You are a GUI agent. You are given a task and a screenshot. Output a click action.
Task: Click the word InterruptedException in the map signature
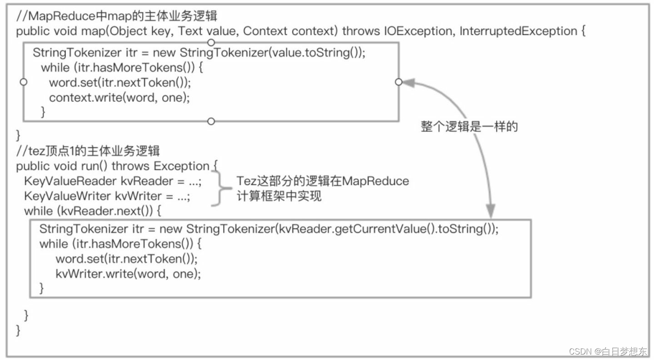click(518, 31)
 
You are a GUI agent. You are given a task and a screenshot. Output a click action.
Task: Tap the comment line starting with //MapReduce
click(117, 16)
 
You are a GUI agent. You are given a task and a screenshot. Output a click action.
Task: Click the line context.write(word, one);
click(119, 97)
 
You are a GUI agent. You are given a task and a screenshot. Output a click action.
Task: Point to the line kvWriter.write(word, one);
click(128, 274)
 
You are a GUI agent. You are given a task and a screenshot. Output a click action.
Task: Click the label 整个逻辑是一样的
click(469, 127)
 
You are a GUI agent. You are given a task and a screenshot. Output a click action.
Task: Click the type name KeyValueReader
click(70, 181)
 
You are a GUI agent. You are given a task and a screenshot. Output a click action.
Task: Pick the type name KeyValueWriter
click(68, 196)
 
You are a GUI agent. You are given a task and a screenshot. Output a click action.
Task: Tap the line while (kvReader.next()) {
click(93, 211)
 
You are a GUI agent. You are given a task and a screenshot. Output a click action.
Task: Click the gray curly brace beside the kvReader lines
click(220, 189)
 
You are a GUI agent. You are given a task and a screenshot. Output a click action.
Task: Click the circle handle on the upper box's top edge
click(210, 43)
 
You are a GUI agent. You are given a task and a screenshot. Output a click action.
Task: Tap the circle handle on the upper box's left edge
click(24, 82)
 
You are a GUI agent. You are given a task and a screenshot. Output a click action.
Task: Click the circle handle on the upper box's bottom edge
click(210, 121)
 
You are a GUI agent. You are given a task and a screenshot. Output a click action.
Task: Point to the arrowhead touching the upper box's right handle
click(408, 82)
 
